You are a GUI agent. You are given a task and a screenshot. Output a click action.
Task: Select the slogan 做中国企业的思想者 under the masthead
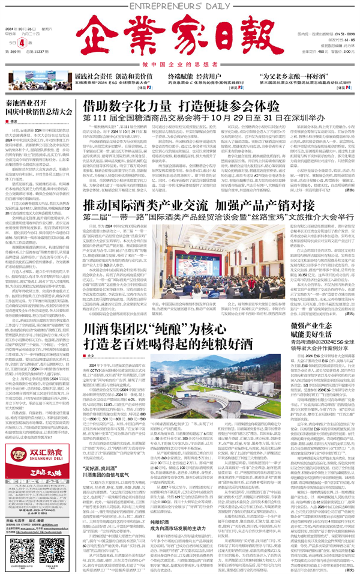coord(180,64)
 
